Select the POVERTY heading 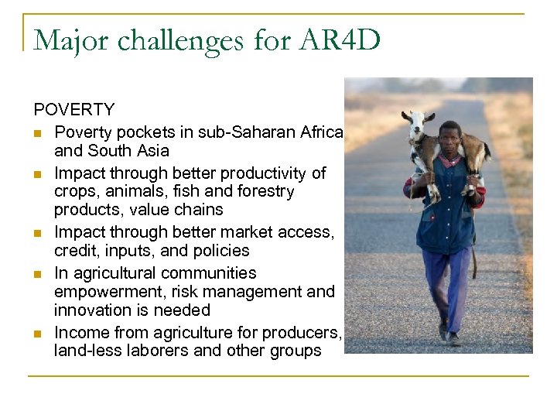[x=74, y=110]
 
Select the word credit [x=75, y=251]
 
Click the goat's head [x=419, y=122]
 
